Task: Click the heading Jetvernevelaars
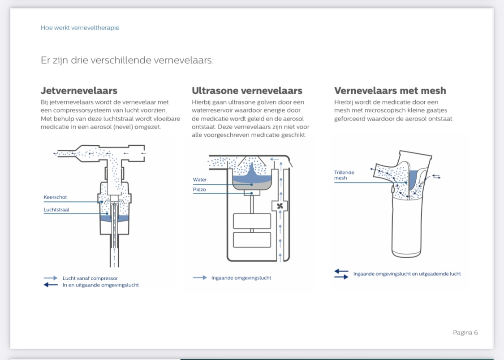pyautogui.click(x=79, y=91)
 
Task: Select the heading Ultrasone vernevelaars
pyautogui.click(x=247, y=91)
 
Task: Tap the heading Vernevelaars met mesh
pyautogui.click(x=390, y=91)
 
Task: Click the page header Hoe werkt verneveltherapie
pyautogui.click(x=80, y=28)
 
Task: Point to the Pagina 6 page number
pyautogui.click(x=465, y=332)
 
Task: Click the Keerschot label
pyautogui.click(x=55, y=197)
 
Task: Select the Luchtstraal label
pyautogui.click(x=56, y=210)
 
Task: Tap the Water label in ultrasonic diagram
pyautogui.click(x=200, y=180)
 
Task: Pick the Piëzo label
pyautogui.click(x=199, y=190)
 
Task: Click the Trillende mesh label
pyautogui.click(x=344, y=175)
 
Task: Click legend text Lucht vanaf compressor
pyautogui.click(x=90, y=278)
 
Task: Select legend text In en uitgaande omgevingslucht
pyautogui.click(x=100, y=285)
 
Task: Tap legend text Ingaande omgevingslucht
pyautogui.click(x=241, y=278)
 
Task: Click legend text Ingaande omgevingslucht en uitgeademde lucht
pyautogui.click(x=407, y=274)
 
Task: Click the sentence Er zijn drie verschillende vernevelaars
pyautogui.click(x=127, y=60)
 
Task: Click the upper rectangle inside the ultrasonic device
pyautogui.click(x=252, y=221)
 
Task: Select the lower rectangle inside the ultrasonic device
pyautogui.click(x=252, y=240)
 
